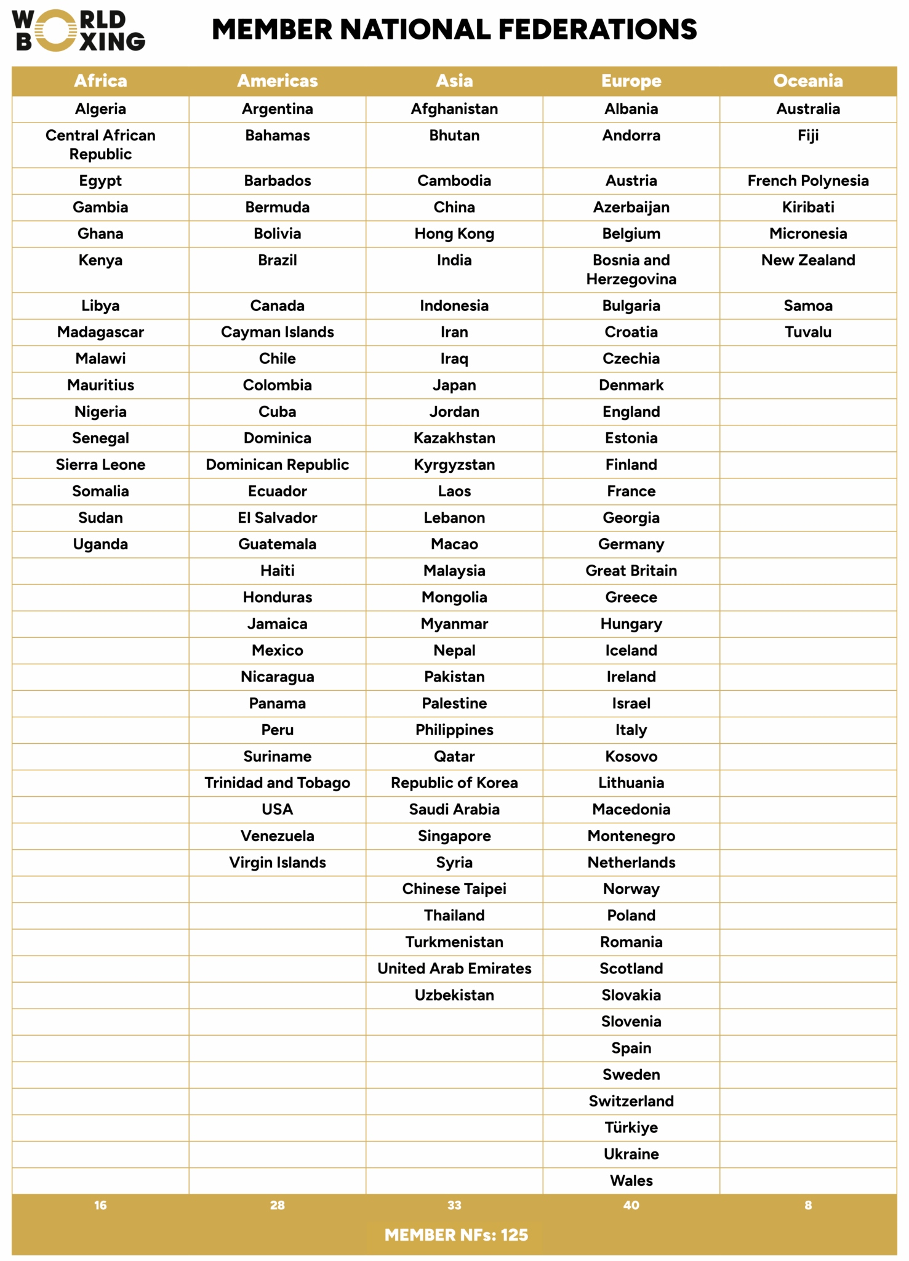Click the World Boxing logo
point(79,30)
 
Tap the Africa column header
point(100,81)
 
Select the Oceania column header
point(807,81)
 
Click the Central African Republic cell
point(100,145)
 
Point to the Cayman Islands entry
point(277,332)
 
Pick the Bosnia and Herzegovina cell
point(631,270)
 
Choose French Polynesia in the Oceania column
point(807,180)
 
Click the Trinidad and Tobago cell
point(277,783)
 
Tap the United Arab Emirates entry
point(454,968)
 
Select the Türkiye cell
point(631,1127)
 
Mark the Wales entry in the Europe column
point(631,1180)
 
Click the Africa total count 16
point(100,1205)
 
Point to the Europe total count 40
point(631,1205)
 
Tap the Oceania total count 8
point(807,1205)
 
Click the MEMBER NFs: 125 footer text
point(456,1235)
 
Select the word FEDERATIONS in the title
point(597,30)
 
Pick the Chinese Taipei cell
point(454,888)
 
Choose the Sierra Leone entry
point(100,464)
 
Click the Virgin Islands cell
point(277,862)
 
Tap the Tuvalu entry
point(807,332)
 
